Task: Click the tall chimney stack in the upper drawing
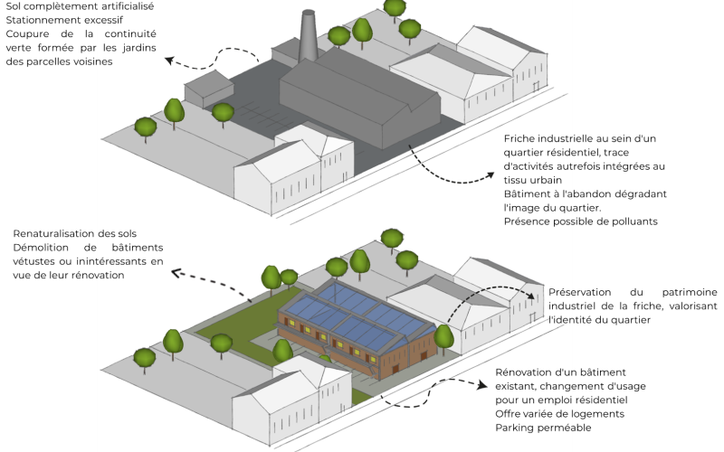[x=309, y=36]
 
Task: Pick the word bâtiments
[x=138, y=248]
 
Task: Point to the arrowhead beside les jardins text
[x=169, y=61]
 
